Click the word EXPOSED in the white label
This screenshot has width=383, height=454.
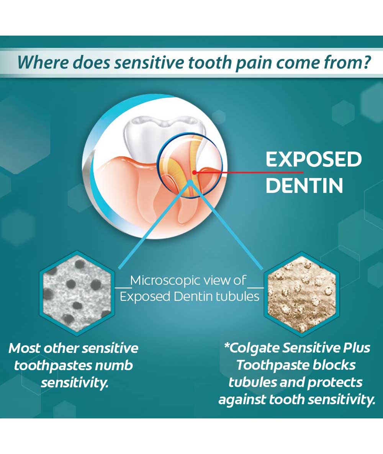pos(314,159)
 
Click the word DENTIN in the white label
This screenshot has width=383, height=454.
pos(304,185)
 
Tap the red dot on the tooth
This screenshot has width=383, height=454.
pos(195,172)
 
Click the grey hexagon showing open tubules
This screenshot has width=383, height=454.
pos(77,293)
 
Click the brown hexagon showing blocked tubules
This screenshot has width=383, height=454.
pos(301,294)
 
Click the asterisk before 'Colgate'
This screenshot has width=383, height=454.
pos(227,346)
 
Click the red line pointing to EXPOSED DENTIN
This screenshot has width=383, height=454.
pos(249,173)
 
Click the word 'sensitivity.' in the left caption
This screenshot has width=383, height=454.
pos(74,383)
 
